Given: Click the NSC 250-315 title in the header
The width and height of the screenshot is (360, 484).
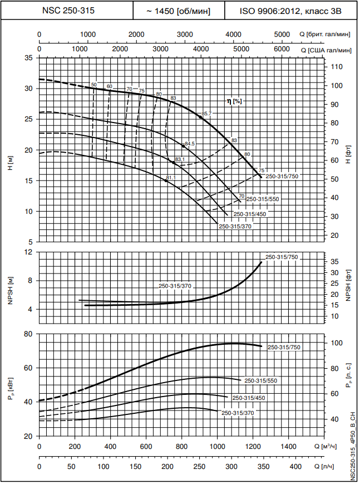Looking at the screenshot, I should coord(68,10).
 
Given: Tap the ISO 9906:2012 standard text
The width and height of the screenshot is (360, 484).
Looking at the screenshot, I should coord(290,10).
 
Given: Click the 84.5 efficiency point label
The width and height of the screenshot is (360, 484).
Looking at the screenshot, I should coord(190,144).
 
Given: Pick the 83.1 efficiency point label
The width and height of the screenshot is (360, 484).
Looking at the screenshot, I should coord(180,159).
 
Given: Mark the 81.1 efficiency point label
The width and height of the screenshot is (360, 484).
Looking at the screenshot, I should coord(171,178).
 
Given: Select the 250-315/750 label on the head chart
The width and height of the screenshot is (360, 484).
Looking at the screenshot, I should coord(282,177).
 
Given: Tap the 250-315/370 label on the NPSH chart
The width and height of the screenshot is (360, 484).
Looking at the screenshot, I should coord(175,286).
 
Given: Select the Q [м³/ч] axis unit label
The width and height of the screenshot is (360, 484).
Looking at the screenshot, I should coord(336,446).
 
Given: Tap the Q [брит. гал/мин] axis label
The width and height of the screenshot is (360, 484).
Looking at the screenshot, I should coord(328,35).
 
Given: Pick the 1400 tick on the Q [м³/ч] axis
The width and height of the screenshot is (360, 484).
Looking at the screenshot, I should coord(288,447).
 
